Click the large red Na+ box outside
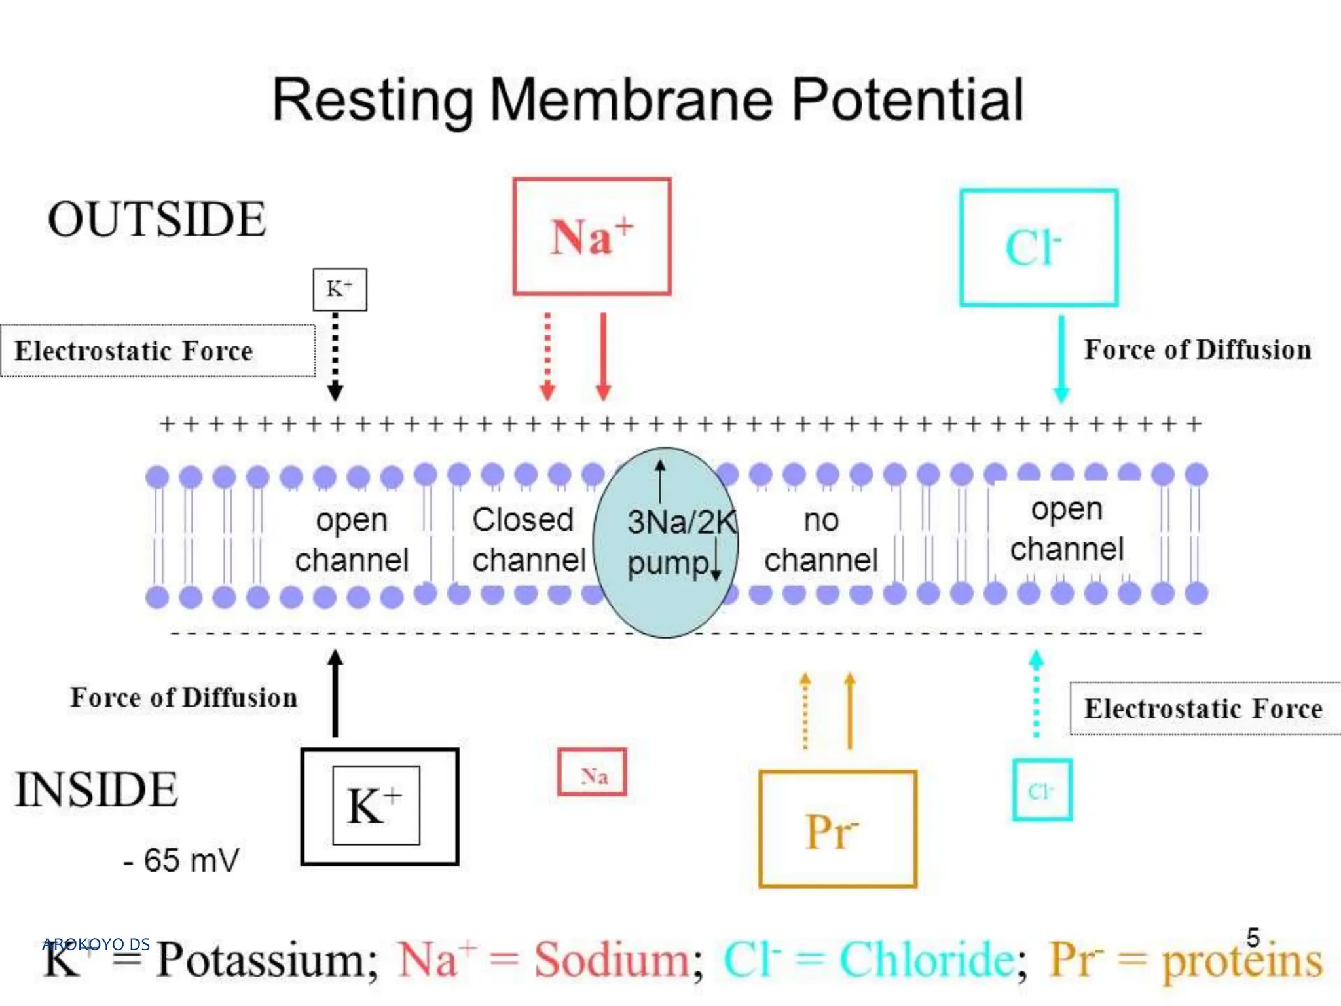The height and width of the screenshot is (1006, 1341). (592, 236)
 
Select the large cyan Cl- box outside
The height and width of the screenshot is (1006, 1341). (1038, 248)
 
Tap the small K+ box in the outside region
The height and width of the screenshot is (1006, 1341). (339, 289)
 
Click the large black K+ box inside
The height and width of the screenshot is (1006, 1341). (379, 806)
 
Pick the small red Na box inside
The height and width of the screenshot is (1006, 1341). (592, 772)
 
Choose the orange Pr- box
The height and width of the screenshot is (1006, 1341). (837, 829)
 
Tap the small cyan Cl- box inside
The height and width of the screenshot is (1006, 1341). (1041, 790)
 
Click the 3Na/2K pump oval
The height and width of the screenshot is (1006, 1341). (665, 542)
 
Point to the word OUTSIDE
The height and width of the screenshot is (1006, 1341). (156, 219)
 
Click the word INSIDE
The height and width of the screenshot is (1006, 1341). (96, 789)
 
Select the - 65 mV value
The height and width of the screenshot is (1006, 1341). (181, 861)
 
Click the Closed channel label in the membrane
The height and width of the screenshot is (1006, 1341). (528, 540)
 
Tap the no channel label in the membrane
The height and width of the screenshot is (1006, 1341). (820, 540)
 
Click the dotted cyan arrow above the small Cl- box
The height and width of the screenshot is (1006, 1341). (1036, 694)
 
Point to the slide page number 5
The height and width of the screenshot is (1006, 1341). (1253, 937)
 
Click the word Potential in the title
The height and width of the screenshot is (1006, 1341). (907, 100)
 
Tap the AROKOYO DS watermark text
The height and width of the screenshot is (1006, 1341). (96, 944)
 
